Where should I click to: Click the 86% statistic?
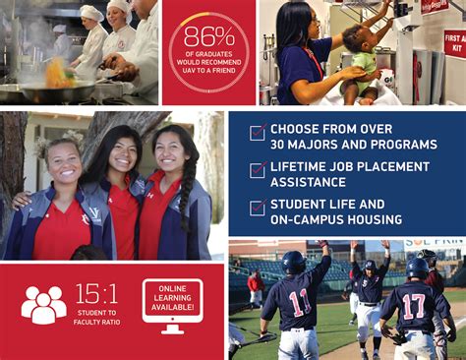[x=208, y=36]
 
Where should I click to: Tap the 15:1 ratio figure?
[x=95, y=293]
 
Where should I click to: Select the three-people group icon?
[x=43, y=304]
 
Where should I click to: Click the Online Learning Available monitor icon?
[x=172, y=304]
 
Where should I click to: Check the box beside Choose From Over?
[x=257, y=133]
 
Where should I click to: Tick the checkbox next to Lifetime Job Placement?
[x=257, y=170]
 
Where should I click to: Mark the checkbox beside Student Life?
[x=257, y=208]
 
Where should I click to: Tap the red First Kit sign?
[x=453, y=42]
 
